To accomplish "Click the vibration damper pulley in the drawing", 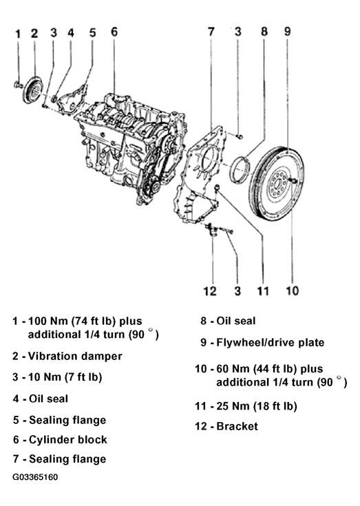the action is tap(33, 90).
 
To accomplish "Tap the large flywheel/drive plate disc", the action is tap(277, 184).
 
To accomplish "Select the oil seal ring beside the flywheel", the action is tap(240, 170).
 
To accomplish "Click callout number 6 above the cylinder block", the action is tap(114, 32).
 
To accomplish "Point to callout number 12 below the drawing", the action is tap(210, 291).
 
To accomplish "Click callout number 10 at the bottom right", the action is tap(293, 291).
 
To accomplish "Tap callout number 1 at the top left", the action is tap(18, 34).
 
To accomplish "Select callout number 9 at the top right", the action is tap(288, 31).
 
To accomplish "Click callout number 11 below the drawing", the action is tap(263, 291).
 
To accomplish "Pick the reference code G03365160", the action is tap(36, 477).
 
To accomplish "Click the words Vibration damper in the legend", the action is tap(75, 356).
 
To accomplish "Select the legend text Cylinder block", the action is tap(68, 439).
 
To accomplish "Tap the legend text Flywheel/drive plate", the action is tap(271, 342).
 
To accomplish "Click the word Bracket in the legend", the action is tap(237, 426).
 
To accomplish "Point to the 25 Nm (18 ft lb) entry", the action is tap(257, 406).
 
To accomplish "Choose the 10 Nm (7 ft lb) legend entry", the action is tap(65, 377).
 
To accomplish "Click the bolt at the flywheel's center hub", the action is tap(293, 180).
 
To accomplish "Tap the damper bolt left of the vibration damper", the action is tap(18, 85).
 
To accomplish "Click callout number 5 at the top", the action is tap(92, 32).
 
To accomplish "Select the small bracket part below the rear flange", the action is tap(211, 229).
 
